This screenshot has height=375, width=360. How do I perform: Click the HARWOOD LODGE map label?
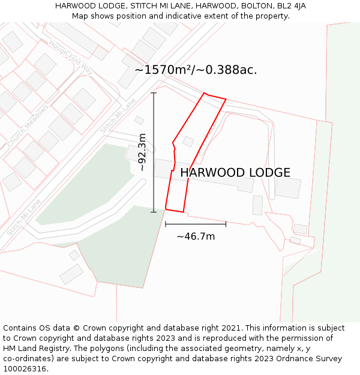[x=235, y=173]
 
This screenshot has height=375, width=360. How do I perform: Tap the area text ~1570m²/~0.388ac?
[x=196, y=70]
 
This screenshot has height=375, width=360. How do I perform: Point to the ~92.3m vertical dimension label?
[x=142, y=152]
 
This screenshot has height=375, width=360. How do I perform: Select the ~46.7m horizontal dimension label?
[x=196, y=236]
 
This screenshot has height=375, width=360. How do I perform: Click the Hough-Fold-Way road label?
[x=71, y=58]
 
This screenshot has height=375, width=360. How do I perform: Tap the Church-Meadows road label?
[x=28, y=126]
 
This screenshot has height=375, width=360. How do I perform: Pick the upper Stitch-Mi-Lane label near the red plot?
[x=118, y=115]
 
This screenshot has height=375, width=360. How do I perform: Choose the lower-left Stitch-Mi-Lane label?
[x=24, y=217]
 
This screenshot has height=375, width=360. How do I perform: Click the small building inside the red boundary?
[x=188, y=142]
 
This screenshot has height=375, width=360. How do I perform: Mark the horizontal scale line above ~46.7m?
[x=196, y=224]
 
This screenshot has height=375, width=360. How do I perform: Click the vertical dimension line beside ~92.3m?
[x=154, y=152]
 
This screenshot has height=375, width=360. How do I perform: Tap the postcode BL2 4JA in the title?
[x=289, y=6]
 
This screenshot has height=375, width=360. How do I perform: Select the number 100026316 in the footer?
[x=25, y=369]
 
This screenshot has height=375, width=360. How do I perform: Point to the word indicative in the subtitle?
[x=171, y=16]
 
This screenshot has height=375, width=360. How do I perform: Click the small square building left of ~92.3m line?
[x=139, y=120]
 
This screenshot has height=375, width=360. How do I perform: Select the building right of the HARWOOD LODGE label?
[x=288, y=188]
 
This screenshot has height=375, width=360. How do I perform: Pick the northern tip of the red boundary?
[x=205, y=93]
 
